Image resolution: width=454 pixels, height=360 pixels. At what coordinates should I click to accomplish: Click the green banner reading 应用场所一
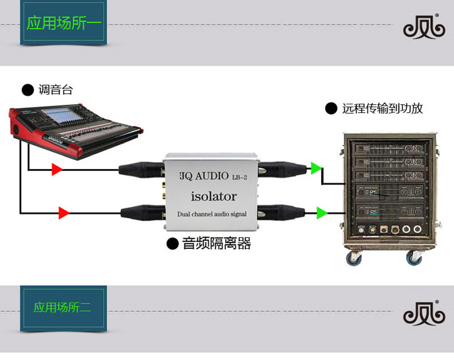tap(63, 23)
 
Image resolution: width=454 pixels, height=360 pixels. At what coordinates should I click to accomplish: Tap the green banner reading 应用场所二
tap(63, 308)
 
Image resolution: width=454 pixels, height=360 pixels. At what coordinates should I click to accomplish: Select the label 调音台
tap(56, 90)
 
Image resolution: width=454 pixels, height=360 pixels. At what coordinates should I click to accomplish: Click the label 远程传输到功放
tap(382, 108)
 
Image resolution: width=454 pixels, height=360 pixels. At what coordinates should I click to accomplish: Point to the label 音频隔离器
tap(216, 244)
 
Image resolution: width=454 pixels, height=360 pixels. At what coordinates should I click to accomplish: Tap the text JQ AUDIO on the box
tap(203, 176)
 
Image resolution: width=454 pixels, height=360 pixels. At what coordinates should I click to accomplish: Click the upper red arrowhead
tap(57, 168)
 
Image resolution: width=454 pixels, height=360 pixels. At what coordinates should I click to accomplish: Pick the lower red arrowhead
tap(64, 213)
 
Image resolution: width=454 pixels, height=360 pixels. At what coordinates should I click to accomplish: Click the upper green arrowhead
tap(316, 168)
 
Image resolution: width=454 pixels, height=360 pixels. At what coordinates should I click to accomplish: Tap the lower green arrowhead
tap(322, 213)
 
